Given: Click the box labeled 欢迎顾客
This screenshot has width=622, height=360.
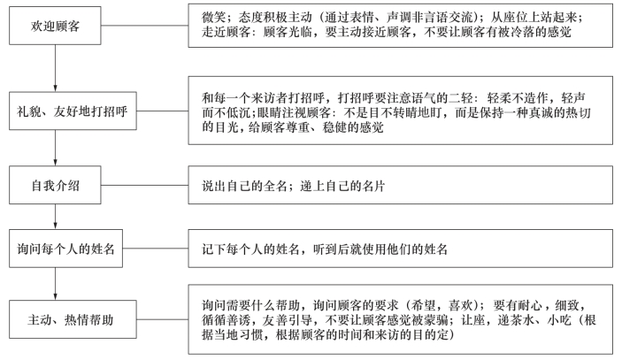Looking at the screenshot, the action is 55,26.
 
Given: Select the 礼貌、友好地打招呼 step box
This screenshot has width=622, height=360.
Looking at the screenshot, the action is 73,111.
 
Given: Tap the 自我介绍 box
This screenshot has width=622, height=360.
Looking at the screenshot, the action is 55,185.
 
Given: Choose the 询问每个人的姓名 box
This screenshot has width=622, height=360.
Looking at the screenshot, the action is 65,249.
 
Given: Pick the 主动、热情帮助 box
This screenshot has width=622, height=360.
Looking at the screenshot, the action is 73,319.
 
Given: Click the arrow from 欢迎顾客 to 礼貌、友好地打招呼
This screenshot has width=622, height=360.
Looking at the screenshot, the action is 55,68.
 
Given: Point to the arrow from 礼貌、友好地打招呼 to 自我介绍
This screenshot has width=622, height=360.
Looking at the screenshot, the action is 55,148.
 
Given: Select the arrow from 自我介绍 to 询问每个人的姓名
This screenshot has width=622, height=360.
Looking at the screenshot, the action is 55,217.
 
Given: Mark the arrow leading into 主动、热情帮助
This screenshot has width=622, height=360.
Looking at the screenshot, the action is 55,284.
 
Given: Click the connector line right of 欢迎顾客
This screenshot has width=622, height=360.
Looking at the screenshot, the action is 145,26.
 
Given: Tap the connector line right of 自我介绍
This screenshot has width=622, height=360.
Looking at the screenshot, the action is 145,185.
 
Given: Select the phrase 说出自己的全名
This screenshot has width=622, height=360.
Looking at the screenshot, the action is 244,186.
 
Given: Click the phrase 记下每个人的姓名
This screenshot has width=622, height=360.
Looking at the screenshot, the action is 250,249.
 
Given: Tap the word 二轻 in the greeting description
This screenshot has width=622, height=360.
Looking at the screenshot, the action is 461,98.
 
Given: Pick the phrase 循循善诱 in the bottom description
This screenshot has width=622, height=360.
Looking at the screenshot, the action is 226,320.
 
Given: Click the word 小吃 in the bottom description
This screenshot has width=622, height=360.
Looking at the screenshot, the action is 559,320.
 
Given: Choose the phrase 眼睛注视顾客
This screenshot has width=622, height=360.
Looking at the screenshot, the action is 294,113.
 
